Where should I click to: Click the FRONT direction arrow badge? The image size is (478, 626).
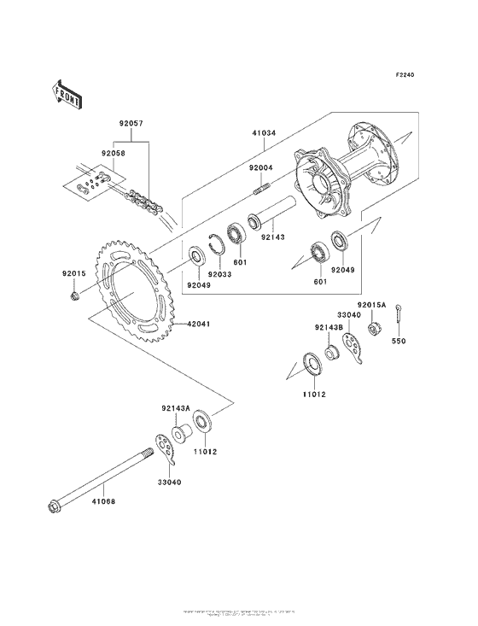click(x=68, y=94)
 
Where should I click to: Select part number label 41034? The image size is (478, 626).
click(x=264, y=133)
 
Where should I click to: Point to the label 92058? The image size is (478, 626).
click(x=114, y=154)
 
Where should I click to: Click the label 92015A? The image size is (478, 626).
click(x=372, y=305)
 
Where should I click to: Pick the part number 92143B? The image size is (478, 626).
click(x=327, y=326)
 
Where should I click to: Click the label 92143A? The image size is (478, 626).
click(x=175, y=409)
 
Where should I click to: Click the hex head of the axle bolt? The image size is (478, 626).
click(x=53, y=510)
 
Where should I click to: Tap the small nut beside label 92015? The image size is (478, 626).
click(x=75, y=295)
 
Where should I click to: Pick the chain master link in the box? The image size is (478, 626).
click(x=88, y=184)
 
